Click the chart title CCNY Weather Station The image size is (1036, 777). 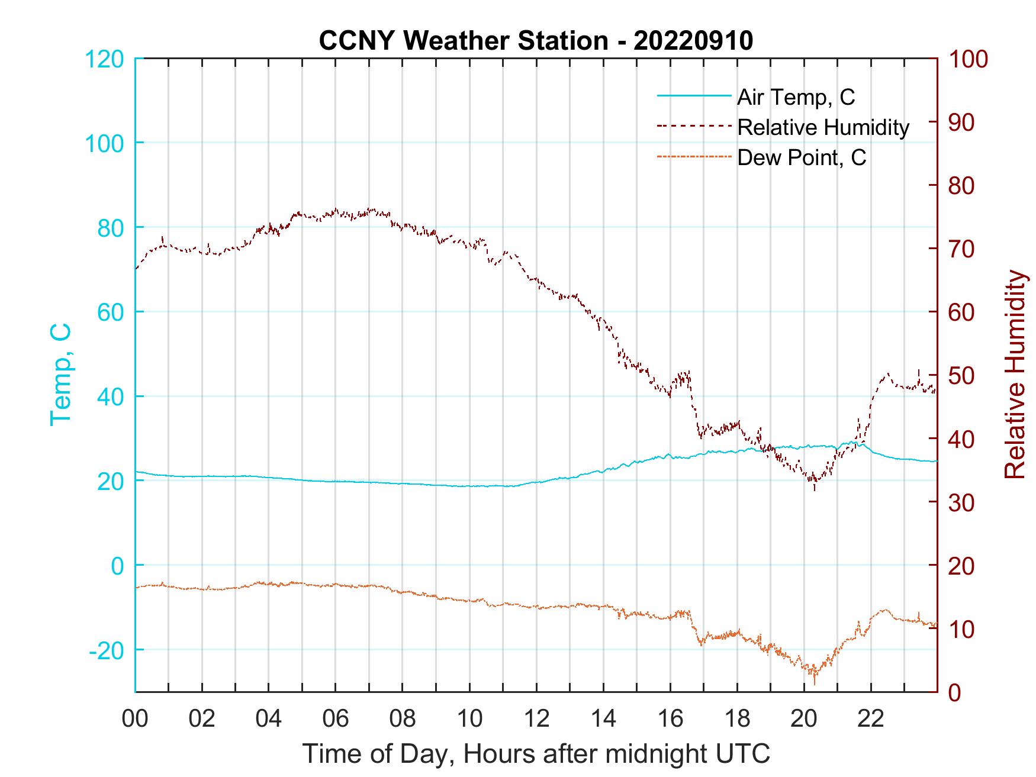[x=536, y=41]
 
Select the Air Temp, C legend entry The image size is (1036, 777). [x=795, y=96]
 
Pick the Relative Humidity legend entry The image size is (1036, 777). [x=823, y=127]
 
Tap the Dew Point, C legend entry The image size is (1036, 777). [x=802, y=158]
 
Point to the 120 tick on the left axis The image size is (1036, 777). [x=105, y=59]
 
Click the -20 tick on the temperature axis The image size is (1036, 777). [x=106, y=650]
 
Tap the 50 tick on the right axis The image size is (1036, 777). [x=962, y=376]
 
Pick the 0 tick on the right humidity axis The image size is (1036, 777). [x=955, y=692]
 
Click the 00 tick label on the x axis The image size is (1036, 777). [x=135, y=719]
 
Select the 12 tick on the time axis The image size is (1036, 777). [x=536, y=719]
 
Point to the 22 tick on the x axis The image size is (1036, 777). [x=871, y=719]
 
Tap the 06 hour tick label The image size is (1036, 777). [x=336, y=719]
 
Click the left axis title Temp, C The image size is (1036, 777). [x=60, y=375]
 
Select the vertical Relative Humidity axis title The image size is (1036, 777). [x=1015, y=375]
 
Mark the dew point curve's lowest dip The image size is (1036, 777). [x=815, y=683]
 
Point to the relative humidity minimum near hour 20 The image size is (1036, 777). [x=815, y=489]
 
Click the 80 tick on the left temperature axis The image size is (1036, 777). [x=111, y=228]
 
